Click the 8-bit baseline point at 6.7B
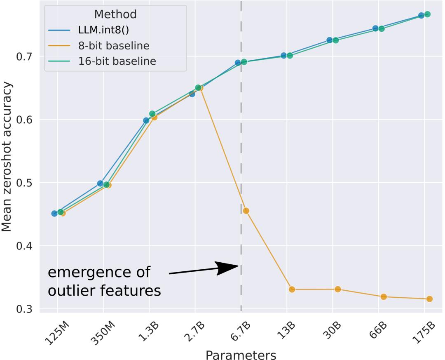pyautogui.click(x=246, y=211)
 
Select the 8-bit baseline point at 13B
pyautogui.click(x=292, y=289)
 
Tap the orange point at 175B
pyautogui.click(x=429, y=299)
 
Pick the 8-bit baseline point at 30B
pyautogui.click(x=337, y=289)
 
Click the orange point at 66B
pyautogui.click(x=383, y=296)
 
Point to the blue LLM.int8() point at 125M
pyautogui.click(x=54, y=213)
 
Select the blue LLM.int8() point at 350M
pyautogui.click(x=100, y=183)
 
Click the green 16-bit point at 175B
pyautogui.click(x=427, y=14)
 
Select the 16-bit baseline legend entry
pyautogui.click(x=117, y=61)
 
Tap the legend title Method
pyautogui.click(x=115, y=14)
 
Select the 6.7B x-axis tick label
pyautogui.click(x=241, y=329)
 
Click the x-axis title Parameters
pyautogui.click(x=241, y=354)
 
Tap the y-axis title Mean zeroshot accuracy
pyautogui.click(x=7, y=161)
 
